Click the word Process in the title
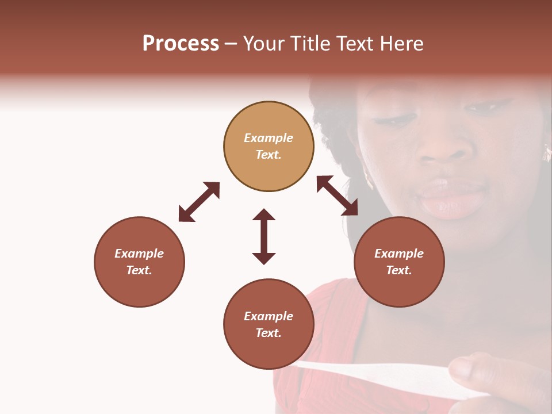pyautogui.click(x=181, y=44)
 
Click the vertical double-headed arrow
pyautogui.click(x=264, y=236)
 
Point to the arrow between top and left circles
pyautogui.click(x=199, y=202)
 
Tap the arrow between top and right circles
pyautogui.click(x=337, y=195)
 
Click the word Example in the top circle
pyautogui.click(x=269, y=138)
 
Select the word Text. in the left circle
pyautogui.click(x=139, y=270)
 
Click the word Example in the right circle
pyautogui.click(x=399, y=254)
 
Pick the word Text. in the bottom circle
pyautogui.click(x=269, y=333)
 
